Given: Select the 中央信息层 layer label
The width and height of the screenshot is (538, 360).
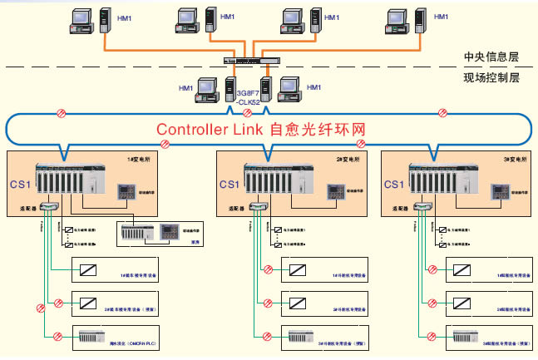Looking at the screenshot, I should [x=491, y=58].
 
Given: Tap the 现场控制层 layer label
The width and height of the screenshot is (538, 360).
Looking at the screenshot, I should [x=491, y=78].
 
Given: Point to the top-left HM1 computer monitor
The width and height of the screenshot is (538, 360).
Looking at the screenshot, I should [x=81, y=21].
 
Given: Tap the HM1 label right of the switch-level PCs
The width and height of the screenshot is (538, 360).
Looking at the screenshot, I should [x=313, y=86].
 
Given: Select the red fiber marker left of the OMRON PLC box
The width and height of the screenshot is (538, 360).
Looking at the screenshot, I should [x=56, y=337].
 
